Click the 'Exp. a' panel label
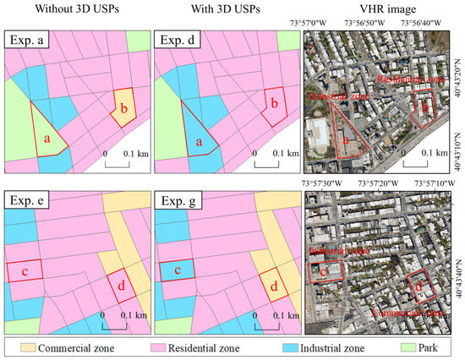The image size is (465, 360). click(x=29, y=40)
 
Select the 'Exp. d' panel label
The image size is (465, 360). click(x=181, y=40)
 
